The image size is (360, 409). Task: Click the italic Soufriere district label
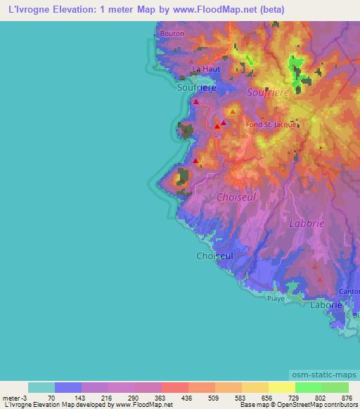coord(269,93)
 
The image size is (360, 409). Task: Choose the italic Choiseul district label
coord(236,197)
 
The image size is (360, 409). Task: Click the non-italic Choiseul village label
coord(214,257)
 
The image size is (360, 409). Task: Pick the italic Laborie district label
coord(307,223)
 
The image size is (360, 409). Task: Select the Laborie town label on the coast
coord(326,306)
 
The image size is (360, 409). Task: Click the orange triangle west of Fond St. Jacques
coord(232,111)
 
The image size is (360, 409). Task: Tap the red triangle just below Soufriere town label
coord(195,101)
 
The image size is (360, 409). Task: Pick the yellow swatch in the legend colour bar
coord(282,387)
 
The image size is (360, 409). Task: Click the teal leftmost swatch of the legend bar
coord(41,387)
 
